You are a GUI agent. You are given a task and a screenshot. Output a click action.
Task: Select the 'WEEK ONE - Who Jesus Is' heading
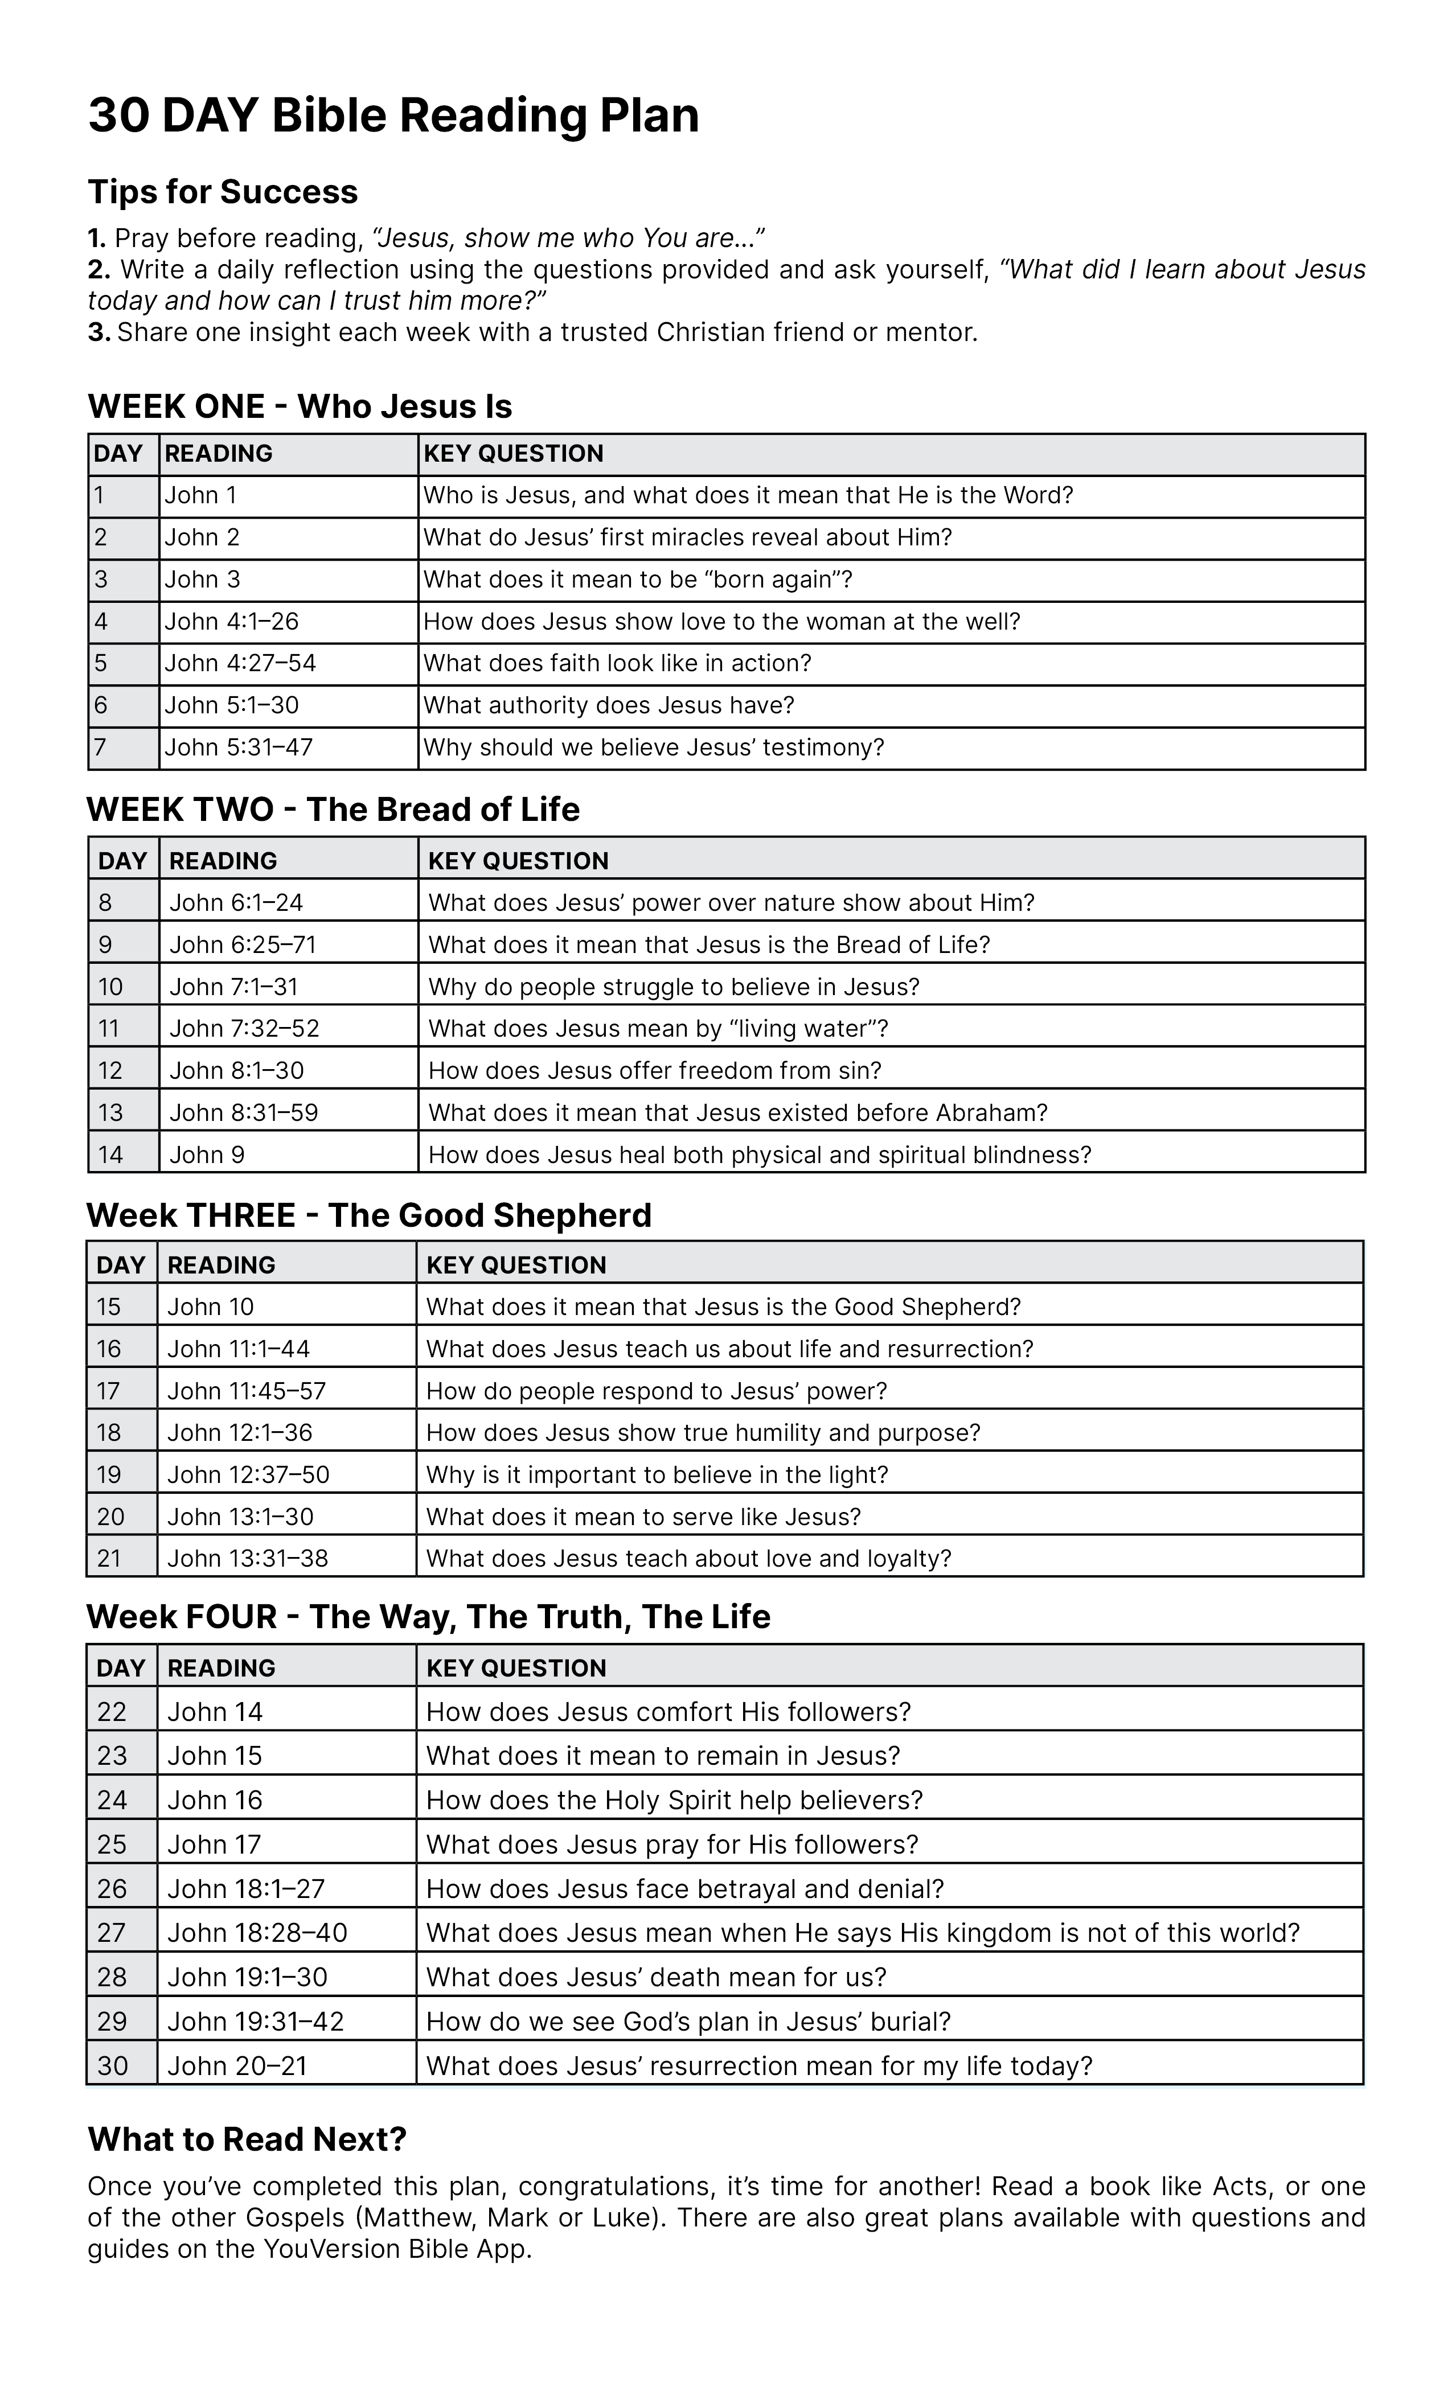click(x=300, y=406)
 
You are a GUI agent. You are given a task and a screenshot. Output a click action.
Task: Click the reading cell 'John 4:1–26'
click(x=231, y=622)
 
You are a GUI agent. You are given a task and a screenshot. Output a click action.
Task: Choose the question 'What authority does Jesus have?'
click(x=609, y=705)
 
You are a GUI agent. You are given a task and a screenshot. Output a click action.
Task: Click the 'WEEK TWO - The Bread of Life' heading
click(x=333, y=810)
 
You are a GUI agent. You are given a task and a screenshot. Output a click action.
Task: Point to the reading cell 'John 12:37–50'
click(x=248, y=1475)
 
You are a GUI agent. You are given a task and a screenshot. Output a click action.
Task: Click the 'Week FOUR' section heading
click(x=428, y=1617)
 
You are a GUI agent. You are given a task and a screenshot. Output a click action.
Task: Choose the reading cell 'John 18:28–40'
click(x=257, y=1933)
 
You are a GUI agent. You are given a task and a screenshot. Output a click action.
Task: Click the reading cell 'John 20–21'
click(x=237, y=2066)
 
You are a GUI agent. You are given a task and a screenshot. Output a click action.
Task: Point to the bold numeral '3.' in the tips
click(x=99, y=333)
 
